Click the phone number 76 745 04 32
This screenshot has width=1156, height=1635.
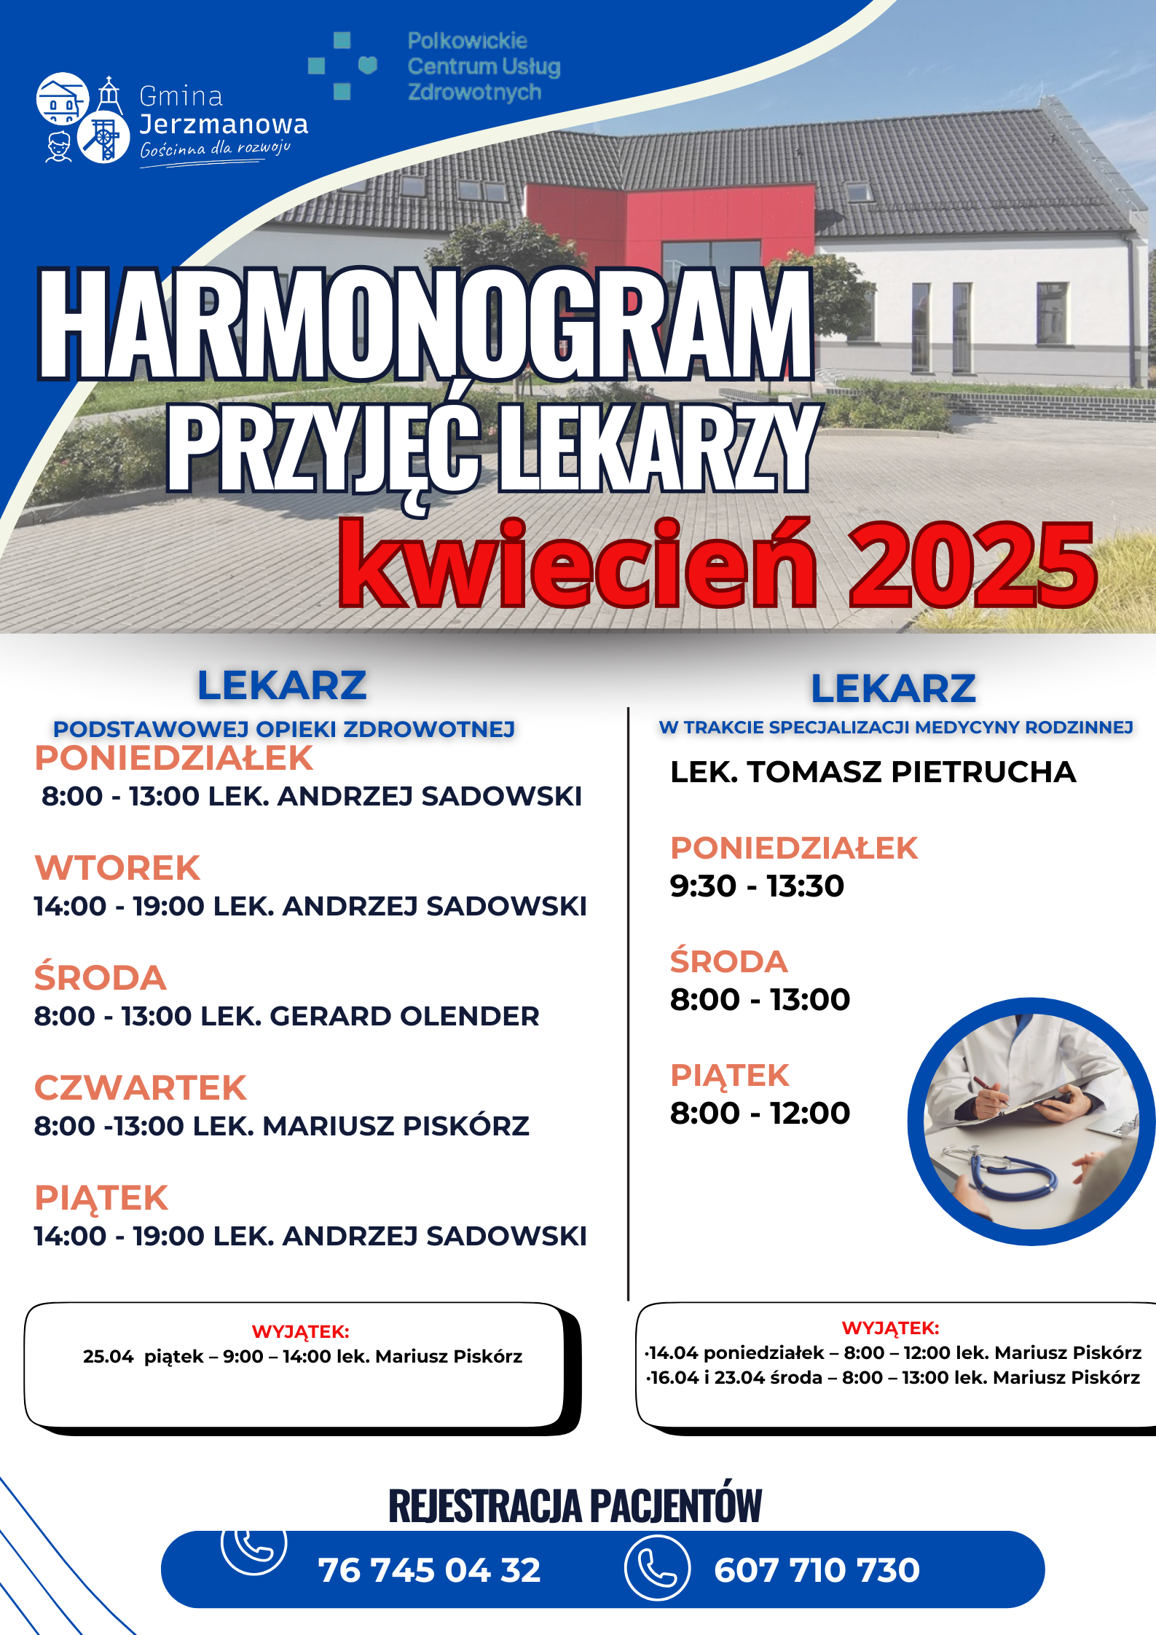[x=429, y=1570]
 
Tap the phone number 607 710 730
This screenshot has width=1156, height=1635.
[x=817, y=1570]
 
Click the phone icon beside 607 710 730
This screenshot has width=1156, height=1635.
[x=657, y=1567]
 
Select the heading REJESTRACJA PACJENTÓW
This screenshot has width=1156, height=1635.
[x=575, y=1505]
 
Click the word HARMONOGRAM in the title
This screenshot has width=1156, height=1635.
[x=425, y=324]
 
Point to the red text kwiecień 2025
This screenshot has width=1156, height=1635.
[x=717, y=564]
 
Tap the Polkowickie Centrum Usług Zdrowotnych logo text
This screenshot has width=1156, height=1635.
[x=483, y=66]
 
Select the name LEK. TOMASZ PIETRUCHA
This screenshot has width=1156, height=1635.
[x=873, y=772]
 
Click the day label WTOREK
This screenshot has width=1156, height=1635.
[x=117, y=868]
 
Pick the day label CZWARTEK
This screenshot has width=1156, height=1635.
[x=141, y=1088]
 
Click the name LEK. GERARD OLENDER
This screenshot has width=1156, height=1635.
[x=369, y=1017]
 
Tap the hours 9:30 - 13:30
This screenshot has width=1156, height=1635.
[x=757, y=886]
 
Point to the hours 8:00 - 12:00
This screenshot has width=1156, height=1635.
[x=760, y=1114]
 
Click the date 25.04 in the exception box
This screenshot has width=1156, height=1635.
[x=108, y=1357]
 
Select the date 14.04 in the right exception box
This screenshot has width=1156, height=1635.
[x=673, y=1353]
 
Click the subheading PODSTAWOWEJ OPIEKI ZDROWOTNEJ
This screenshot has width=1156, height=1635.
[x=284, y=729]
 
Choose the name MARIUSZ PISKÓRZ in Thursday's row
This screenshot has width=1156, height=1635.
[x=396, y=1127]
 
